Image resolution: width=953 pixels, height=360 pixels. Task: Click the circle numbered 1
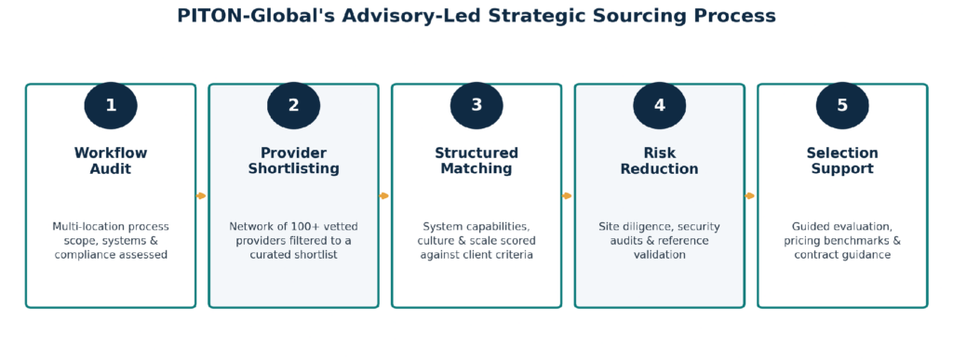(111, 106)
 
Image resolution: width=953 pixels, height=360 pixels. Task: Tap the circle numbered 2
(293, 106)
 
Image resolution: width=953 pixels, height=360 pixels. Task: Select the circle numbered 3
(476, 106)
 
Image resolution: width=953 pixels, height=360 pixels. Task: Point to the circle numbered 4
(660, 106)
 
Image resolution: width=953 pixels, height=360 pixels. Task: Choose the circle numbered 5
(842, 106)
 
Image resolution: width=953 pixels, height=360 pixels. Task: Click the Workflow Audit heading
(111, 161)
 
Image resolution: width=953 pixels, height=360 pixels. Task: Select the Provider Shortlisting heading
(293, 161)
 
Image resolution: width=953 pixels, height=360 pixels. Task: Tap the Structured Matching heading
(476, 161)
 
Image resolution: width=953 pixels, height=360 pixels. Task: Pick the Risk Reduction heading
(660, 161)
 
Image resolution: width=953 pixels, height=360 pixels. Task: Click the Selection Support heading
(842, 161)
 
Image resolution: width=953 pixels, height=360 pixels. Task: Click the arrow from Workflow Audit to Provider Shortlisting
(202, 196)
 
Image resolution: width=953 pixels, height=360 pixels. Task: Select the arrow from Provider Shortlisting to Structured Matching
(384, 196)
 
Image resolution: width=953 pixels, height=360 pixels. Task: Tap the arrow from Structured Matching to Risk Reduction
(568, 196)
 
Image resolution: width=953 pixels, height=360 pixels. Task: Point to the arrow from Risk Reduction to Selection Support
(751, 196)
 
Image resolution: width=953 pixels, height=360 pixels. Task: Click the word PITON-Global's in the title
(255, 16)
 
